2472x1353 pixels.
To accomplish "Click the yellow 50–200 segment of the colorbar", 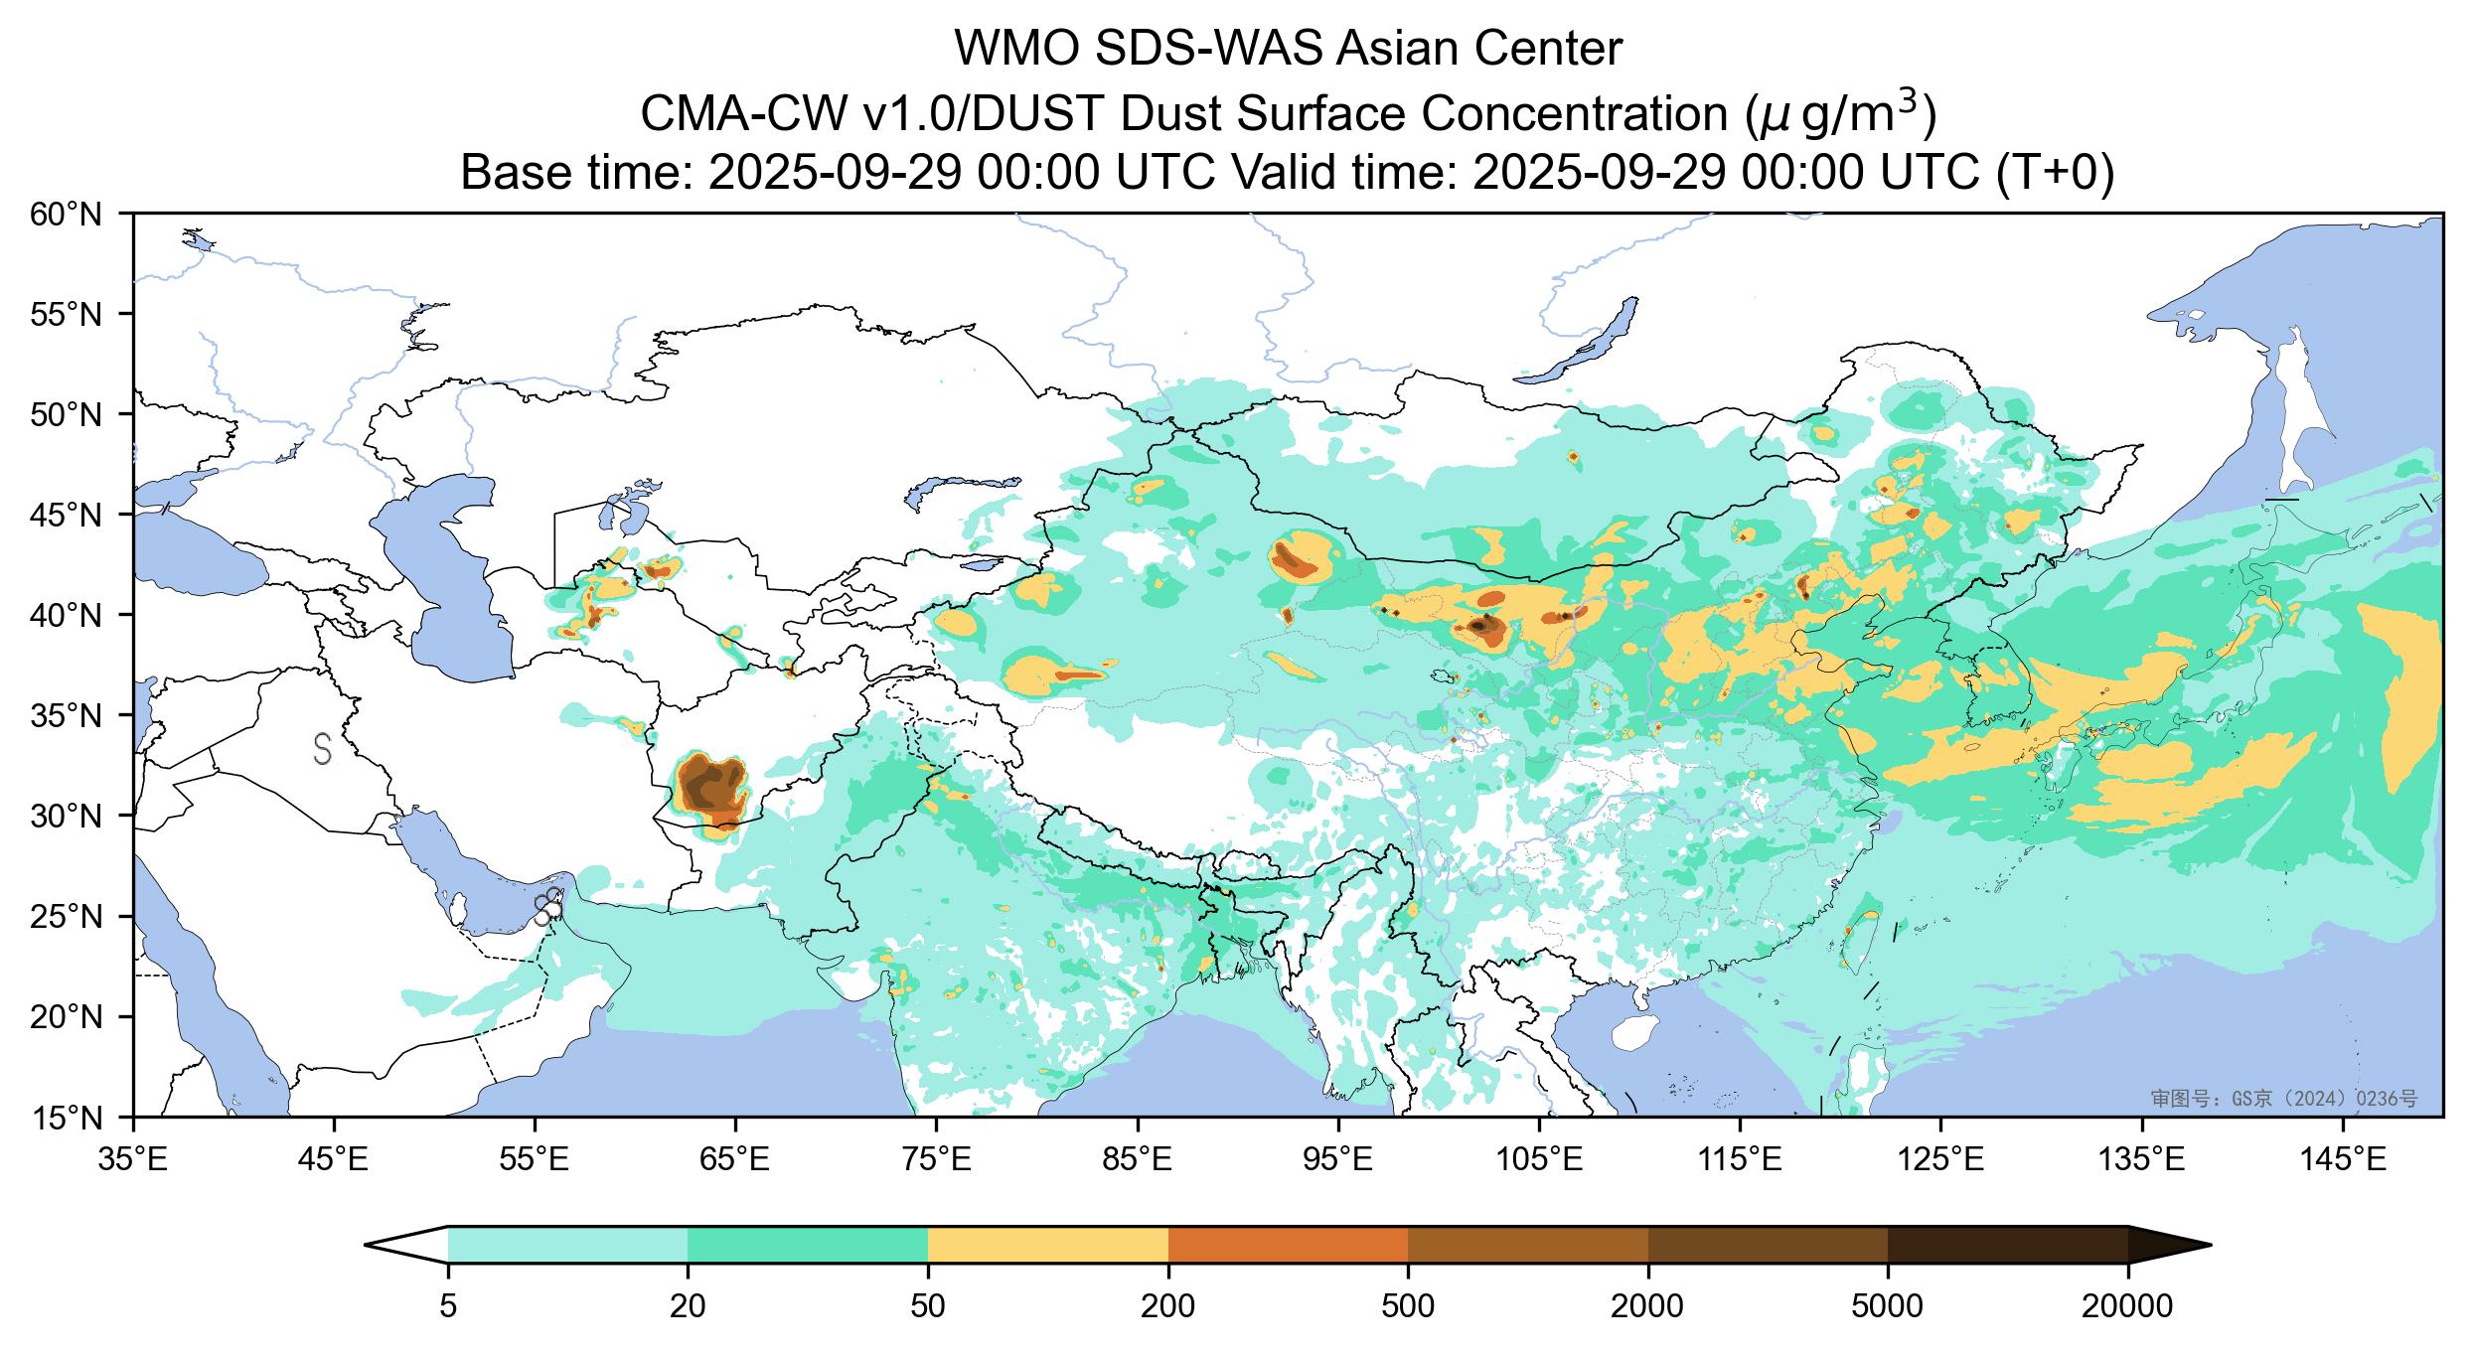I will point(1048,1245).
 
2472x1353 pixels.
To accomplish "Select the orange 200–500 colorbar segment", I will point(1288,1245).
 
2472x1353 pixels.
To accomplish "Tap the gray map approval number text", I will point(2283,1098).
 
